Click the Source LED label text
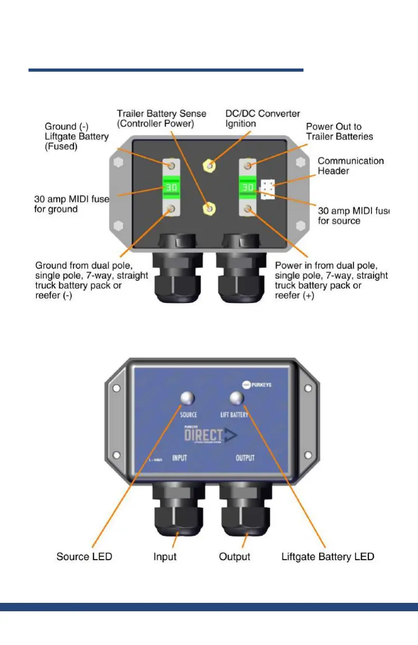84,556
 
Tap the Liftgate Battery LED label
328,556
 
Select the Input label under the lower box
165,556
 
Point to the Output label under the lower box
234,556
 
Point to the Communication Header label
350,166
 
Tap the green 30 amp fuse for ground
171,188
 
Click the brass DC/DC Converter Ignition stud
210,167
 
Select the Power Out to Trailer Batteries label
339,132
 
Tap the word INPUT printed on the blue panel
180,458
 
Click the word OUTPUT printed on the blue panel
244,458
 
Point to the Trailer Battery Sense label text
161,119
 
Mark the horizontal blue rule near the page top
166,70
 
